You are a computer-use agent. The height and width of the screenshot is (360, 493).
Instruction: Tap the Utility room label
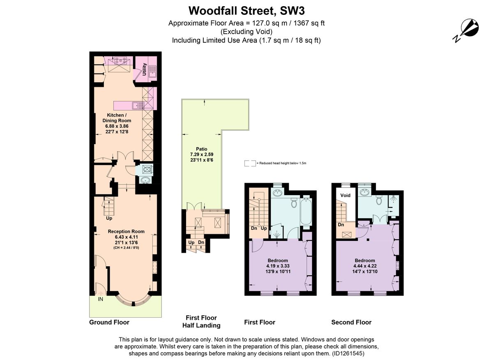(x=144, y=69)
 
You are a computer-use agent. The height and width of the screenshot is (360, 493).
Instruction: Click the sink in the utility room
(x=152, y=72)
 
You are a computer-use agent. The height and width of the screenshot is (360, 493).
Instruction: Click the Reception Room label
(x=126, y=231)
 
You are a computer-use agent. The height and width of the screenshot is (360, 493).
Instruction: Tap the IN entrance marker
(x=100, y=299)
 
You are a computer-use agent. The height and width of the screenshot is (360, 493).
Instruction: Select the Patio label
(x=202, y=149)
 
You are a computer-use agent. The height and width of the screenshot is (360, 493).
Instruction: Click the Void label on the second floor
(x=346, y=195)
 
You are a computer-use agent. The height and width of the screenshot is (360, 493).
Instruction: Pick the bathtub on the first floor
(x=306, y=211)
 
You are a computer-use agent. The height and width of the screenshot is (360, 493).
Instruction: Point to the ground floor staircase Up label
(x=109, y=218)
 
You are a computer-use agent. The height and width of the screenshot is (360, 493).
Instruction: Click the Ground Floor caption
(x=109, y=322)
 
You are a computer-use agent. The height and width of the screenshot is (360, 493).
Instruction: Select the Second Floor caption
(x=351, y=322)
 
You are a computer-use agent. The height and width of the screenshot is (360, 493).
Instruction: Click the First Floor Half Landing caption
(x=201, y=321)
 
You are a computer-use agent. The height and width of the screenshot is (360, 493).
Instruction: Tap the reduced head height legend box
(x=250, y=163)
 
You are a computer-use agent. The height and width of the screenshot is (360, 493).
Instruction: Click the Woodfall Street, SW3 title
(x=246, y=11)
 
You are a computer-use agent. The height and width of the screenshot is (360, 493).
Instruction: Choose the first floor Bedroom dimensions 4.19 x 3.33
(x=278, y=266)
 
